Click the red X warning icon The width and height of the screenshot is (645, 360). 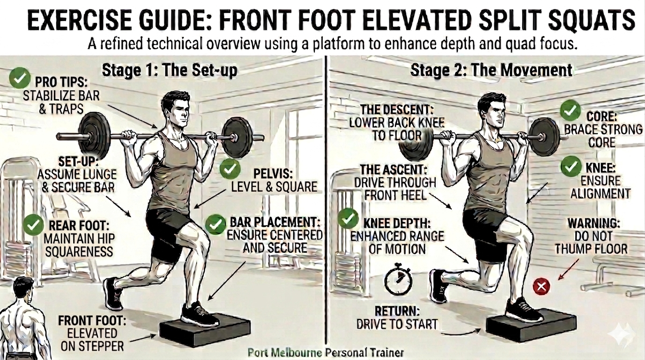541,286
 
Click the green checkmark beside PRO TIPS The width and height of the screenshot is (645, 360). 20,78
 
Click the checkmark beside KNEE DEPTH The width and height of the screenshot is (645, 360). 348,219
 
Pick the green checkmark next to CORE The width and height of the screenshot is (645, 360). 570,111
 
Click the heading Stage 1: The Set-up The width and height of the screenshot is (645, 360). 170,70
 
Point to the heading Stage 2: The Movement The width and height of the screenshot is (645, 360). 491,70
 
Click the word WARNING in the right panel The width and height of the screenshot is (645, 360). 594,223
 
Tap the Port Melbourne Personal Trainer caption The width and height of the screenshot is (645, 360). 326,352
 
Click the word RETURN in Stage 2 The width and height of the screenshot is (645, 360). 397,311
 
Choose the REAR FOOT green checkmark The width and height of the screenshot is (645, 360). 33,225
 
